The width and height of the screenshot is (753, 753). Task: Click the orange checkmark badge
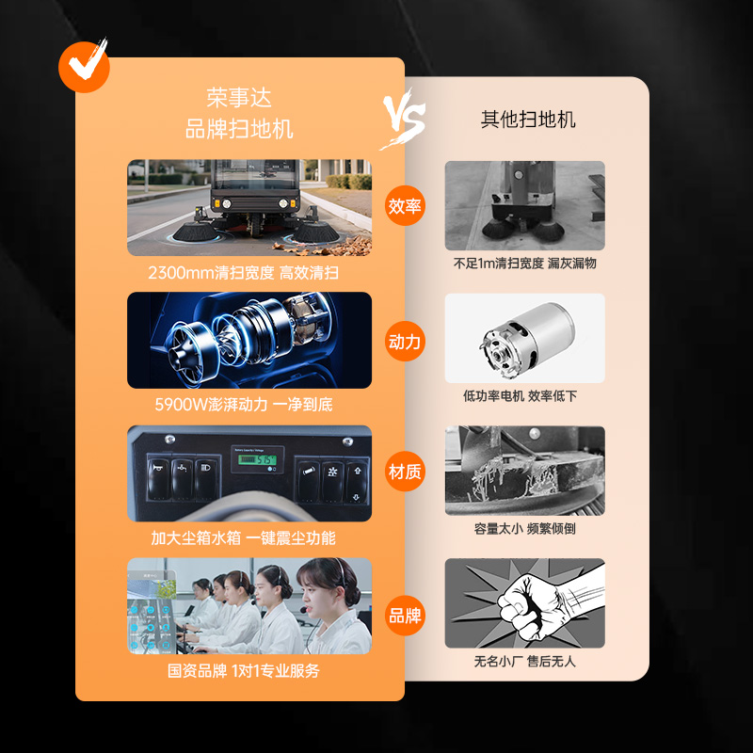pos(84,67)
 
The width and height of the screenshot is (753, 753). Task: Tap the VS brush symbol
pos(404,119)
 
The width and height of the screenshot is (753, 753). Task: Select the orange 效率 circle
pos(405,205)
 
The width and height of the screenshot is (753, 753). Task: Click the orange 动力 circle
pos(405,342)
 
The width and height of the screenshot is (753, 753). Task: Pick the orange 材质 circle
pos(405,472)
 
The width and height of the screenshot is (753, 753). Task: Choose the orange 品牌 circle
pos(405,616)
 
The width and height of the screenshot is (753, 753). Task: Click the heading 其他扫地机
pos(528,120)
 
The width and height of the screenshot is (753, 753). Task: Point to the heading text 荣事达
pos(239,98)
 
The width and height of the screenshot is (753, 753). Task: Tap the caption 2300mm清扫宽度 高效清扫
pos(244,273)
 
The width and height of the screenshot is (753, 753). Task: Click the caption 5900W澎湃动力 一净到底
pos(244,405)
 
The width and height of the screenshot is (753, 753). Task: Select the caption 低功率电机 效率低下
pos(521,395)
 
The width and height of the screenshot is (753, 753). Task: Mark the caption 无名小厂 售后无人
pos(525,662)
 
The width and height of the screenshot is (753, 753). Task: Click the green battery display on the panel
pos(257,459)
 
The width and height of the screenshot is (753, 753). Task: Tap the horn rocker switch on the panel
pos(158,479)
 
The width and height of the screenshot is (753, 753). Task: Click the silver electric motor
pos(528,339)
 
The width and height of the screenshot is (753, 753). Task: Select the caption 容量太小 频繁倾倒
pos(525,528)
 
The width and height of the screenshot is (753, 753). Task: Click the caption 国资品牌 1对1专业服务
pos(244,670)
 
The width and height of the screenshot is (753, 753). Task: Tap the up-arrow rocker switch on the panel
pos(357,483)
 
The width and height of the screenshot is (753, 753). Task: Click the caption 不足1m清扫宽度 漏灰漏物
pos(525,263)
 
